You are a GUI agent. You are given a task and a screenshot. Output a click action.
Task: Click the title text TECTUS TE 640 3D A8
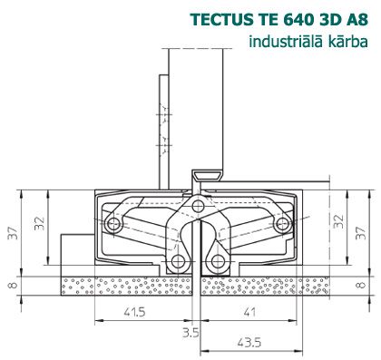click(x=279, y=20)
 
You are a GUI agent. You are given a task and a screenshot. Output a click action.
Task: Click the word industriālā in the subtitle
click(x=286, y=41)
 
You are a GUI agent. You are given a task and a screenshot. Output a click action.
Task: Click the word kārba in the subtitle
click(x=347, y=41)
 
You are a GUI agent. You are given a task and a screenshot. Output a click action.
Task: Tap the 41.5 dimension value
click(x=135, y=312)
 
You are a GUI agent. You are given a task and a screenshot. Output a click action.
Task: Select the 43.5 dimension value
click(x=249, y=343)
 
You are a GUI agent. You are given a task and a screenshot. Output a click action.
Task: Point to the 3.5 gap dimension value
click(x=190, y=333)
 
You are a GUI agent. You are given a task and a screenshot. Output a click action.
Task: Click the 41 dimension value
click(x=249, y=312)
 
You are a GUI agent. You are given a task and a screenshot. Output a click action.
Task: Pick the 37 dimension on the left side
click(x=13, y=233)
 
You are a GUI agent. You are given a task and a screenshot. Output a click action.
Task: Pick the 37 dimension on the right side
click(x=361, y=233)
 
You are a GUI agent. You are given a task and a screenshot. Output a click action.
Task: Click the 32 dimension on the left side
click(x=39, y=224)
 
